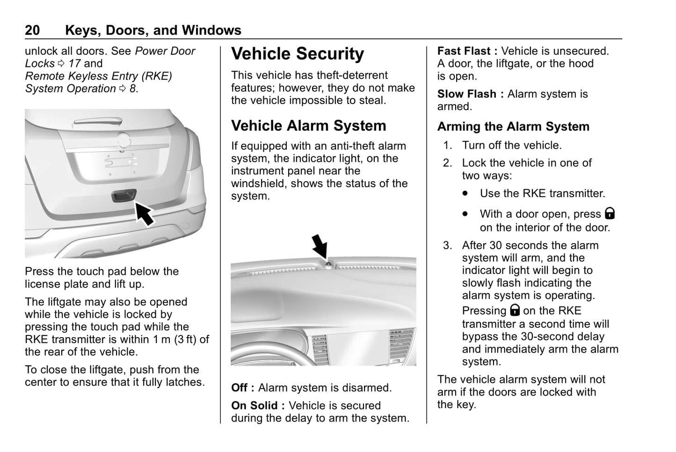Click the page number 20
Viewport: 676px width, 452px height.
(32, 30)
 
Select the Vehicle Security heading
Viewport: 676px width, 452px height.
(297, 54)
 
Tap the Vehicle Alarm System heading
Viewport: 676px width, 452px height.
(308, 126)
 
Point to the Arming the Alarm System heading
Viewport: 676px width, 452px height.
(513, 126)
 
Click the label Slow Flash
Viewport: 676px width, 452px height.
(466, 94)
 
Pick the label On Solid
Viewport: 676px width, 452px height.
(254, 406)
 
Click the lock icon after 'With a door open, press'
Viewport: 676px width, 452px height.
(610, 214)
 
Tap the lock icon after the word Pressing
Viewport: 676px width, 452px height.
(515, 310)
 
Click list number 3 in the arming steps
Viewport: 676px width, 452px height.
(448, 245)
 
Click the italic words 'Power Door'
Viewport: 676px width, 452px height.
(165, 51)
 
